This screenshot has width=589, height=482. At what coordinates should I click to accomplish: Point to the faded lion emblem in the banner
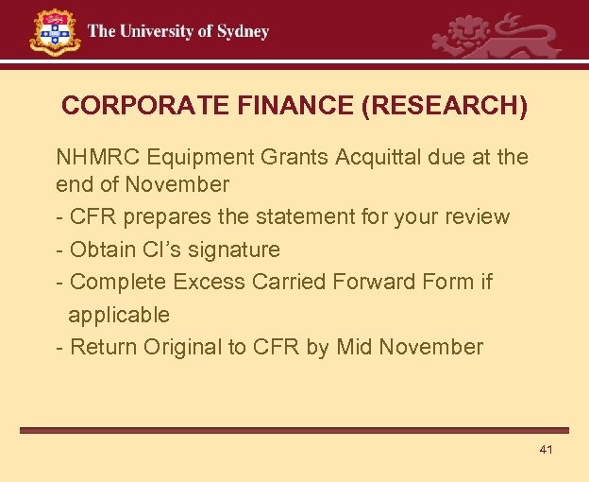point(496,38)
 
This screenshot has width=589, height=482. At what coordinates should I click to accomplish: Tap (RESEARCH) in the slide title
point(445,105)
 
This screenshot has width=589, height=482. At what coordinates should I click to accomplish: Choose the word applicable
point(119,314)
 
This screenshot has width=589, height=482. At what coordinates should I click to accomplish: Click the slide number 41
point(546,449)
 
